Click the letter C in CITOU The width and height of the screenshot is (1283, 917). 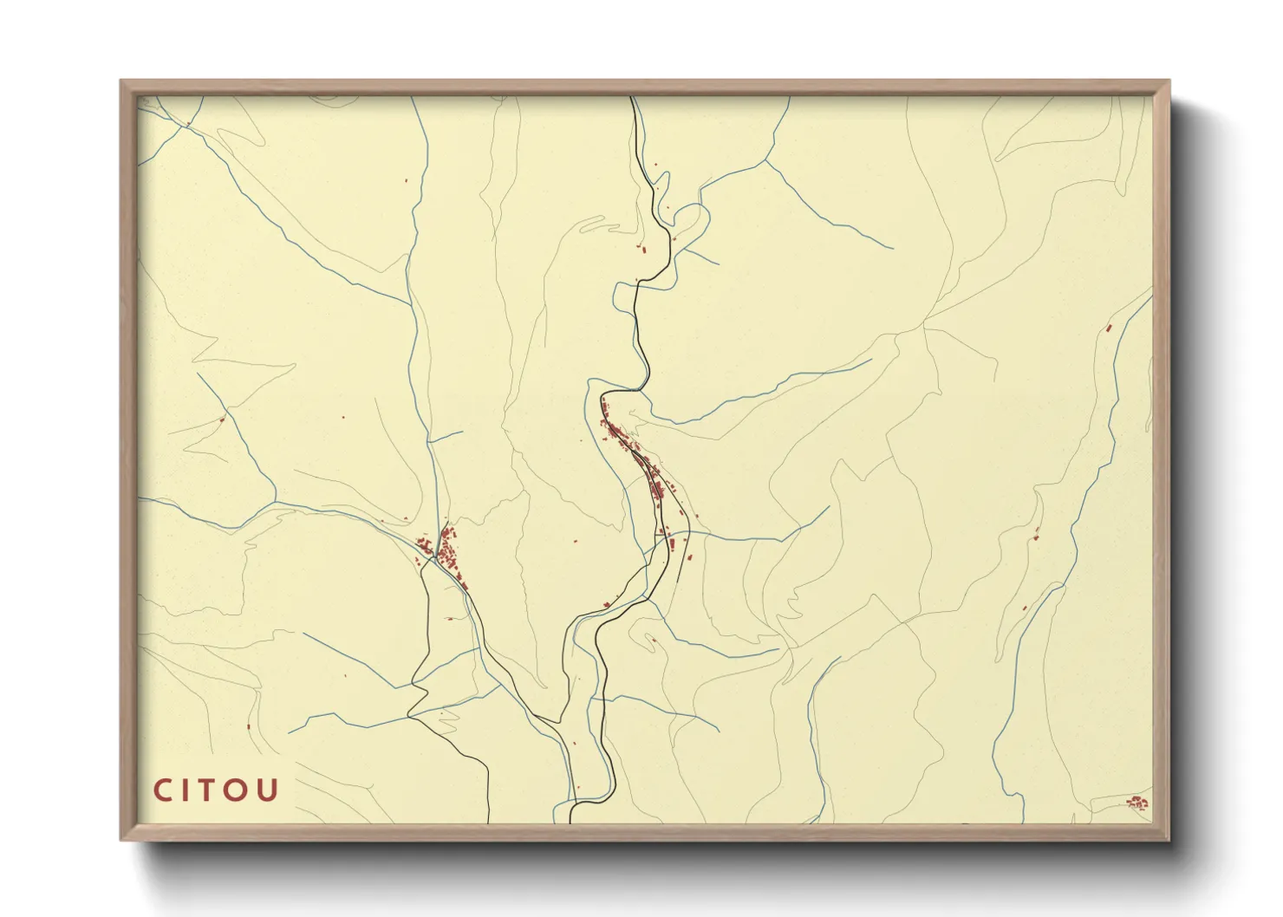[163, 790]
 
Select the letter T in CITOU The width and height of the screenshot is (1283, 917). [212, 790]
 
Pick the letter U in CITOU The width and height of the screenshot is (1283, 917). [268, 790]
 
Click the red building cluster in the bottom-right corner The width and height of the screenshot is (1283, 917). [1136, 803]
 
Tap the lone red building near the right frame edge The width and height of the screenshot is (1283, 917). [1109, 328]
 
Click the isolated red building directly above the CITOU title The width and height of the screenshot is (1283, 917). [248, 725]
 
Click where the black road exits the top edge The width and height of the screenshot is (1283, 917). [633, 98]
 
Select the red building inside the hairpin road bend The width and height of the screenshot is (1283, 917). [654, 641]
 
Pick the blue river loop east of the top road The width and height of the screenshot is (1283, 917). [694, 221]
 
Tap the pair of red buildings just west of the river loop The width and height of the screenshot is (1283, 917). [643, 250]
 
